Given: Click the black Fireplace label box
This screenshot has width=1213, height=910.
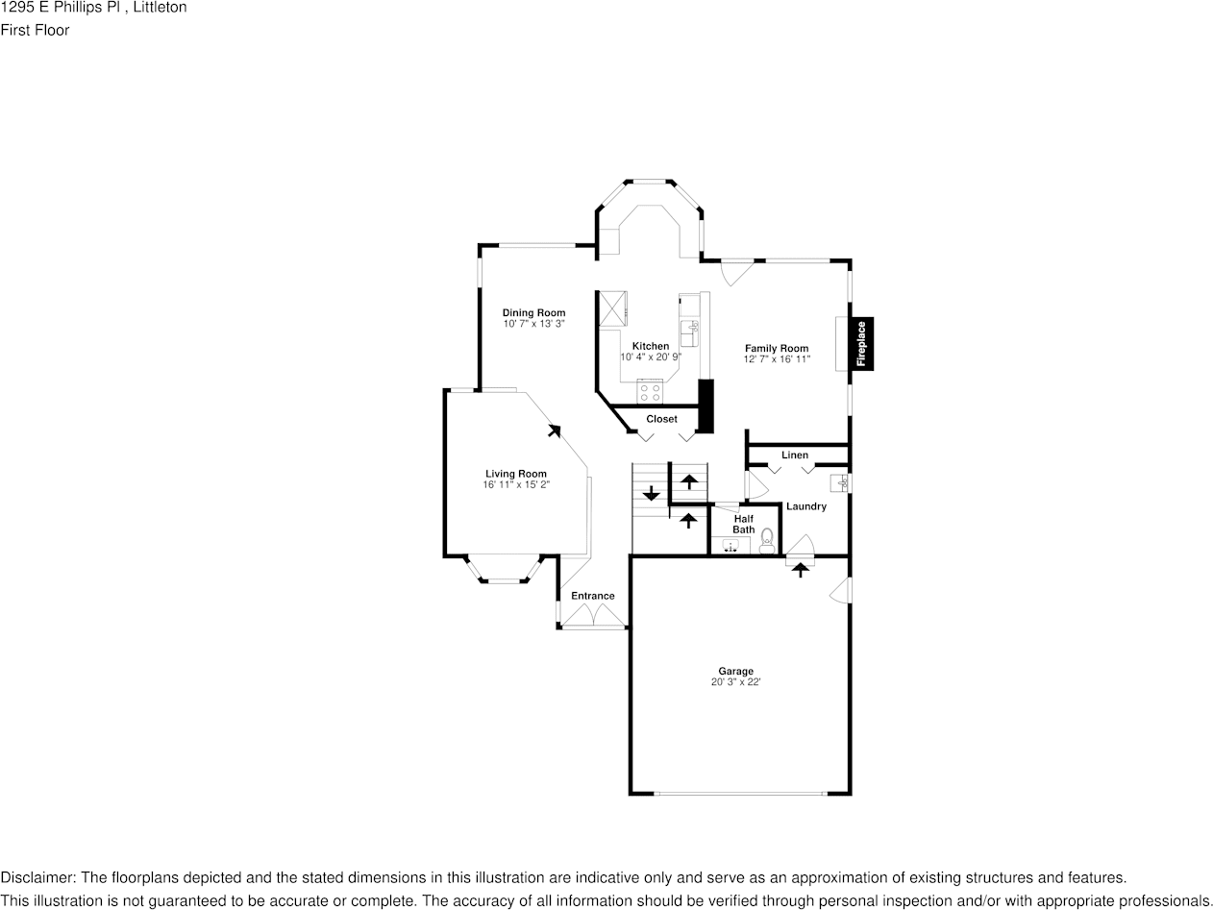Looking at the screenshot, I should click(x=861, y=344).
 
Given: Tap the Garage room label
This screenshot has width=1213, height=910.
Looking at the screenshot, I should click(x=735, y=671).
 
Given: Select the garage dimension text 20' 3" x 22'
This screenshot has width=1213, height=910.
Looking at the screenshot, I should click(x=735, y=682).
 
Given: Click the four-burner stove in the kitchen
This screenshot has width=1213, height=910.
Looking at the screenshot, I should click(x=650, y=392).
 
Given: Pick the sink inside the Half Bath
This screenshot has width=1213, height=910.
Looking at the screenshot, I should click(x=731, y=546).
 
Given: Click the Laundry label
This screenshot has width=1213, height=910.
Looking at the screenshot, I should click(x=805, y=506).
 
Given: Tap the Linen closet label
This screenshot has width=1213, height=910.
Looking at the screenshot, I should click(x=794, y=455).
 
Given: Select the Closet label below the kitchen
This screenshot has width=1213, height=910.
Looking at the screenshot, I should click(x=661, y=419).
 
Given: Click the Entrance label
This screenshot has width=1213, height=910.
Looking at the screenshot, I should click(x=592, y=596).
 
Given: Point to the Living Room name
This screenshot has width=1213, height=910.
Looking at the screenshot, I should click(x=515, y=474).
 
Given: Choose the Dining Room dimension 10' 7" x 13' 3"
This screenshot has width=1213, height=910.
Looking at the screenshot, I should click(x=533, y=324).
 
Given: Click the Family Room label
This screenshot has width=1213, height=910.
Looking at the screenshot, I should click(x=777, y=348).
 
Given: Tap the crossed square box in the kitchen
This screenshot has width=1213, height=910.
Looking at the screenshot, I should click(x=612, y=308).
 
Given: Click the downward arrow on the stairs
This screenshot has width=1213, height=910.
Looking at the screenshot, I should click(x=651, y=494).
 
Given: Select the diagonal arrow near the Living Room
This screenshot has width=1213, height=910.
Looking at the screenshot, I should click(x=554, y=431).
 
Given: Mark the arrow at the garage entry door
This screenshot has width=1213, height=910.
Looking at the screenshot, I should click(x=800, y=569).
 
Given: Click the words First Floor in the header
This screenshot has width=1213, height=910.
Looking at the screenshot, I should click(x=35, y=30).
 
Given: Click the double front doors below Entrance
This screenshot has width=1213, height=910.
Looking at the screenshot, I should click(x=593, y=618).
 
